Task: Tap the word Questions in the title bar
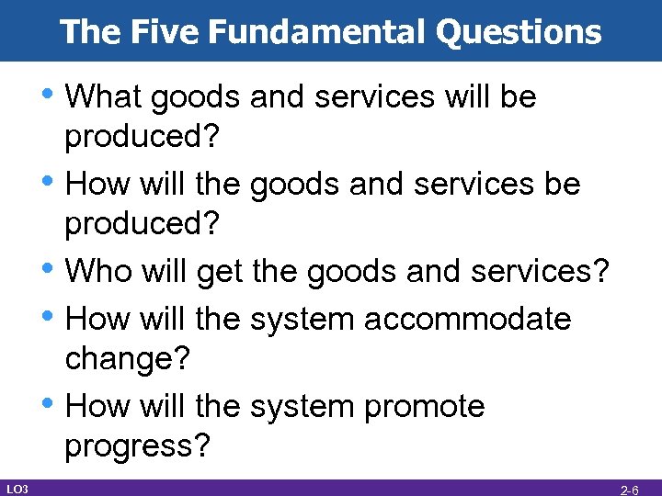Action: click(519, 33)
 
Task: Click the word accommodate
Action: click(468, 320)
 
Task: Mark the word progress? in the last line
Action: click(137, 446)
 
